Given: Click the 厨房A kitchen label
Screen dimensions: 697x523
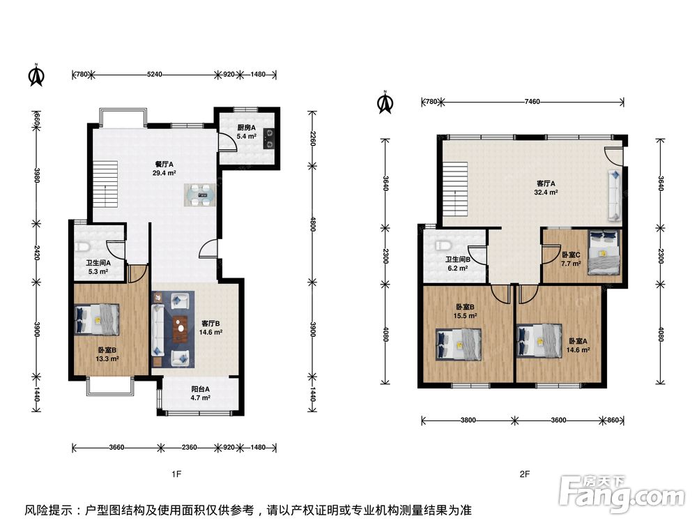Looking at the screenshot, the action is (246, 128).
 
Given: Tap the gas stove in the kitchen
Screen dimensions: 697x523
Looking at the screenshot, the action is (268, 138).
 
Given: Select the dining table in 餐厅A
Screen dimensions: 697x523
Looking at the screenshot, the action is (199, 195).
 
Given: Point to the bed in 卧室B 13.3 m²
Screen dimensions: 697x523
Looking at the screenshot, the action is (97, 319).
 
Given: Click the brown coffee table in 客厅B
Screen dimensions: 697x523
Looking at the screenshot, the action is (180, 330).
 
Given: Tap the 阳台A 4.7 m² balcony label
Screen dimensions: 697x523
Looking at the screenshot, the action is (201, 393).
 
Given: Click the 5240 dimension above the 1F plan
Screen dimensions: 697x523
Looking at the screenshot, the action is (154, 75).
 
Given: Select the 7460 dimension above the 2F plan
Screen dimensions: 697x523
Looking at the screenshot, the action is (532, 101).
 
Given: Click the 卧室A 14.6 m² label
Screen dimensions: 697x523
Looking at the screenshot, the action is (578, 346).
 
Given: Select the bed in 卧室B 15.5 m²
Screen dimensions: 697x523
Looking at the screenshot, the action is (459, 344).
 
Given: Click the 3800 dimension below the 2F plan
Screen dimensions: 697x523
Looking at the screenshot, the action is (468, 420).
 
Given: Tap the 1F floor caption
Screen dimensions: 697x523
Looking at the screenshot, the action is (176, 474).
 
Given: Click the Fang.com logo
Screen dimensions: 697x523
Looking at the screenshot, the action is (622, 492).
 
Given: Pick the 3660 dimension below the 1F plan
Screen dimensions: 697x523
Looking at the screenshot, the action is (116, 448).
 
